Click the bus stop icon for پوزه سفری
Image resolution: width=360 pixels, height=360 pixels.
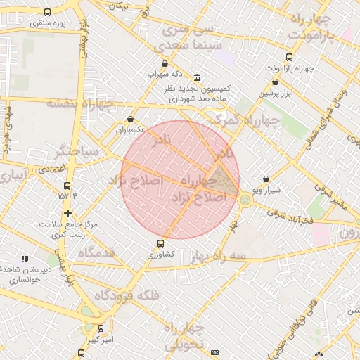click(x=47, y=12)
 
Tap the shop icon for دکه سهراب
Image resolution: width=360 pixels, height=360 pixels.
click(x=165, y=63)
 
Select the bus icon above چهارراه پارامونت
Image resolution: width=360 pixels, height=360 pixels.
click(x=289, y=58)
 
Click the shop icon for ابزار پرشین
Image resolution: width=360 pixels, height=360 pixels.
click(x=274, y=82)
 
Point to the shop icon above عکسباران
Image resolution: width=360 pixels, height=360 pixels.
click(x=131, y=120)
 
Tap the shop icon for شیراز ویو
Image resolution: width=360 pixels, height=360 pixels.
click(x=265, y=179)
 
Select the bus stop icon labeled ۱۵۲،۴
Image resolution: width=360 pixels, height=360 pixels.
click(x=67, y=186)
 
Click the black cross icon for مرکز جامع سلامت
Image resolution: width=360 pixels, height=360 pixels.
click(x=67, y=213)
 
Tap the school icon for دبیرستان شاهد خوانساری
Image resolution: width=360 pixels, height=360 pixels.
click(x=25, y=259)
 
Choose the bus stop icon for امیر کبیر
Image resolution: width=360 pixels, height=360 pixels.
click(x=100, y=328)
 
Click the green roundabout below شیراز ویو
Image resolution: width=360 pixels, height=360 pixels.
click(x=245, y=200)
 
